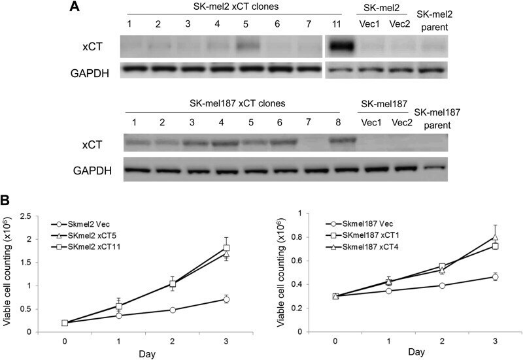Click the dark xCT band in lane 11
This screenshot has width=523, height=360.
click(340, 46)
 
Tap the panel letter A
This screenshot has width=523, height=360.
click(75, 7)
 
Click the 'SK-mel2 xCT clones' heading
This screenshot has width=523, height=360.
click(233, 7)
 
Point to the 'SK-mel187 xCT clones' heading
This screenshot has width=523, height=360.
click(237, 103)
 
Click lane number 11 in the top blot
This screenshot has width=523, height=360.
click(336, 24)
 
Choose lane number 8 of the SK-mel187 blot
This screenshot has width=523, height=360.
click(338, 122)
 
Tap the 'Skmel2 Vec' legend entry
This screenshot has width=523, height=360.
click(89, 224)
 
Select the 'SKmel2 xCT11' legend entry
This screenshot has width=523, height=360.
click(93, 247)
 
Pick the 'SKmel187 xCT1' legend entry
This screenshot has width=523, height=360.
click(371, 235)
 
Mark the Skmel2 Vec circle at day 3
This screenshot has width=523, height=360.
click(226, 299)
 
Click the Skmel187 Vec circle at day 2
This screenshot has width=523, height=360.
click(443, 286)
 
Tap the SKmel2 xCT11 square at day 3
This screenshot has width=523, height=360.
click(227, 248)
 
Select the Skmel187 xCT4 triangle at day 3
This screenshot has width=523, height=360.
click(496, 237)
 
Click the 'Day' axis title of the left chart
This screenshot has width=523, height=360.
click(147, 354)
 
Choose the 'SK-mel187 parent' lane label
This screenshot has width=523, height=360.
click(437, 119)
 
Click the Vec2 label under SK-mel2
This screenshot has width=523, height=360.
click(399, 24)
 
